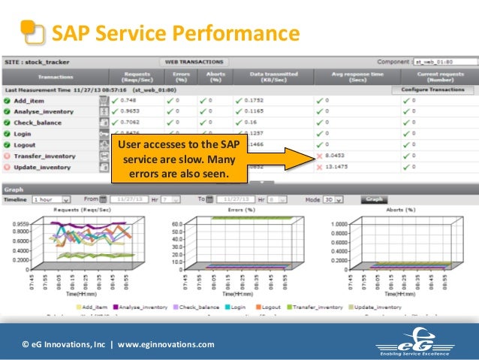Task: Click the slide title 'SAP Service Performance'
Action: [174, 34]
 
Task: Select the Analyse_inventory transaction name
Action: [44, 111]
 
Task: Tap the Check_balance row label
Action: [38, 123]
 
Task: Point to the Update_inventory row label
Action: [43, 167]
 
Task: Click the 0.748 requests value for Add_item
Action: [128, 100]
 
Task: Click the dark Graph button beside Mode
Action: [373, 200]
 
